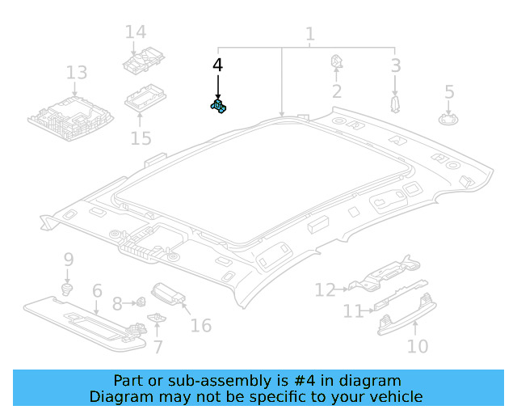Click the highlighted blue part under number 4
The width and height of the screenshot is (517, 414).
click(218, 104)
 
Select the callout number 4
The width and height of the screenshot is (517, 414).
click(217, 64)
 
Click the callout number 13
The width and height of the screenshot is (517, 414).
click(76, 73)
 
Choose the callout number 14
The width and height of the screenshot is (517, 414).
click(136, 32)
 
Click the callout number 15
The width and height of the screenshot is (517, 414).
click(141, 138)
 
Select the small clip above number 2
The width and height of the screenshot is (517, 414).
click(336, 61)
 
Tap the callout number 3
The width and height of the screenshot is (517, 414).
click(395, 65)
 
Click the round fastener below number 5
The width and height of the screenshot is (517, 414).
click(448, 120)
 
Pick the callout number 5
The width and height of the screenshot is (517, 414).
click(449, 92)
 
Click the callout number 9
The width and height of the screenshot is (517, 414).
click(69, 260)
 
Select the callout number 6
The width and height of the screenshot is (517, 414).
click(97, 290)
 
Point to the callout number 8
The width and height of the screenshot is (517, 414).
click(117, 304)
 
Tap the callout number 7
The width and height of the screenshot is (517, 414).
click(158, 347)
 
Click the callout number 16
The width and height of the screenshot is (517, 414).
click(200, 325)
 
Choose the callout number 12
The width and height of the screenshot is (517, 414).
click(325, 289)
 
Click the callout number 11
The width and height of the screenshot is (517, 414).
click(353, 311)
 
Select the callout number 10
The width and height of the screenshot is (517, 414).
click(417, 347)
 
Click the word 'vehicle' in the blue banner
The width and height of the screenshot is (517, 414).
click(395, 396)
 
